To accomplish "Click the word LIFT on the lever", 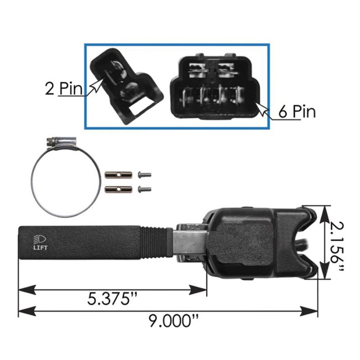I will (39, 247).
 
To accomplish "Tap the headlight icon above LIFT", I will (38, 238).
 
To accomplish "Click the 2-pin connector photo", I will (126, 85).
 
